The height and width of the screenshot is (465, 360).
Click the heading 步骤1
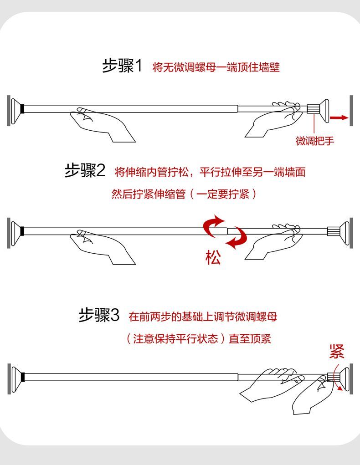pos(122,66)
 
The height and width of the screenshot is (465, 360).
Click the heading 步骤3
pos(99,315)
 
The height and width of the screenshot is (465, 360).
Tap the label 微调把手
pos(315,141)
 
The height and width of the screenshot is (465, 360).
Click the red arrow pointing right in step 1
pos(339,118)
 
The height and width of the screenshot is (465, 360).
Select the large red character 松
pos(213,257)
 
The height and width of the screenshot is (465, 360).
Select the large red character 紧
pos(337,352)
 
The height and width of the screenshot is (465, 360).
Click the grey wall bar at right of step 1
pos(351,111)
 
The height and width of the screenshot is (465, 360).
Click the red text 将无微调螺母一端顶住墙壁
pos(216,67)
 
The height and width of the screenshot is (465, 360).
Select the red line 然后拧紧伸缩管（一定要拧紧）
pos(184,194)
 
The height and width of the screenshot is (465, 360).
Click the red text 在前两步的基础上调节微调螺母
pos(203,317)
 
